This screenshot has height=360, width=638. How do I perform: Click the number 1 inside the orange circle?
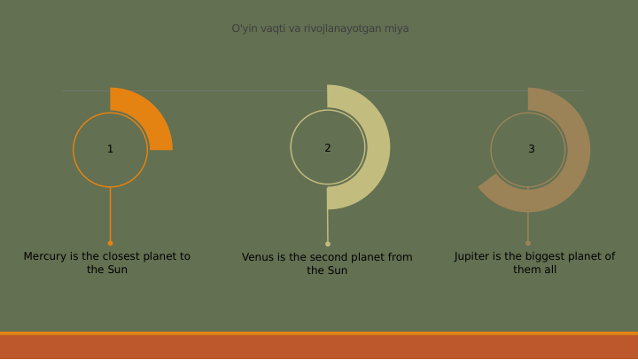[110, 149]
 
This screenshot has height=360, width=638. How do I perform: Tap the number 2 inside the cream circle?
[327, 148]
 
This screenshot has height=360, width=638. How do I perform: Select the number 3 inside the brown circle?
[531, 149]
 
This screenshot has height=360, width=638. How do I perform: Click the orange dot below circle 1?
[110, 243]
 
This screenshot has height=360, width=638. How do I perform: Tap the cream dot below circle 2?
[328, 244]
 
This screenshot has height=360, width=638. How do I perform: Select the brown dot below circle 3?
[528, 243]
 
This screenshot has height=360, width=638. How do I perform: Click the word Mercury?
[45, 256]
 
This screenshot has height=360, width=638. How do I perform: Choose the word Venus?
[259, 257]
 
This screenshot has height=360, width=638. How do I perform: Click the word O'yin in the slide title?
[244, 28]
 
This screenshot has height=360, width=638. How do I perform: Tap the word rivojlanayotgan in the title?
[342, 28]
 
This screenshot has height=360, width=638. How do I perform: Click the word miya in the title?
[397, 28]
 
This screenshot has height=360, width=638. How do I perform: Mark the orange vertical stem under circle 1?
[110, 213]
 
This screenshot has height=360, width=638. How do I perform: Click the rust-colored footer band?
[319, 347]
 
